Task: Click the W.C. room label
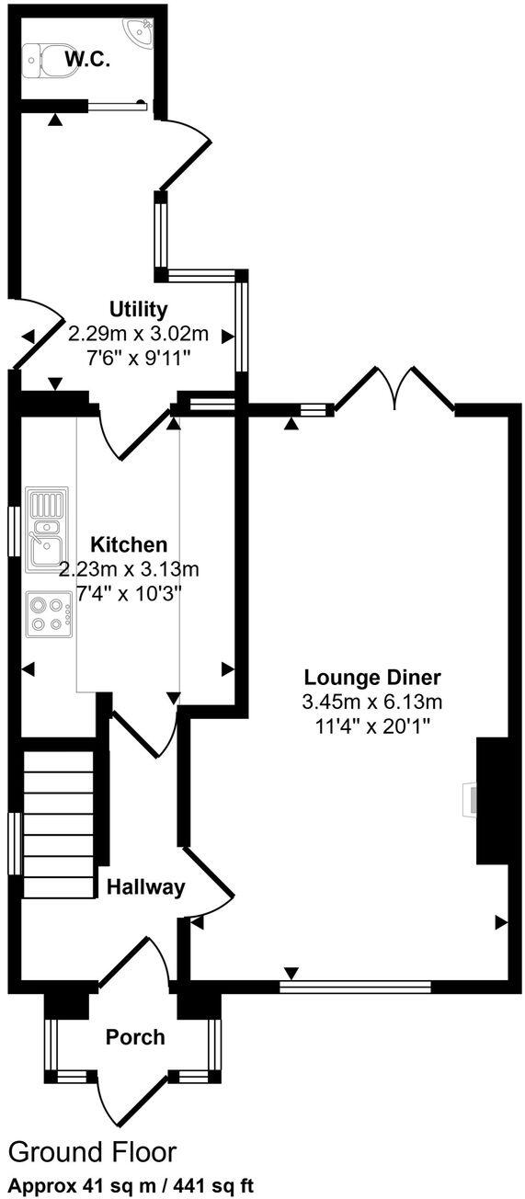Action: tap(87, 61)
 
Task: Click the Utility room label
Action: tap(138, 308)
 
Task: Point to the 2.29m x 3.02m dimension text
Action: tap(138, 332)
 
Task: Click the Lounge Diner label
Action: tap(372, 678)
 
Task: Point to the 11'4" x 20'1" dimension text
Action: tap(372, 725)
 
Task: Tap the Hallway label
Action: tap(146, 887)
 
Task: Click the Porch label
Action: tap(135, 1037)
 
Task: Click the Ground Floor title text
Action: tap(92, 1151)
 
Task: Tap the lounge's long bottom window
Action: tap(355, 987)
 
